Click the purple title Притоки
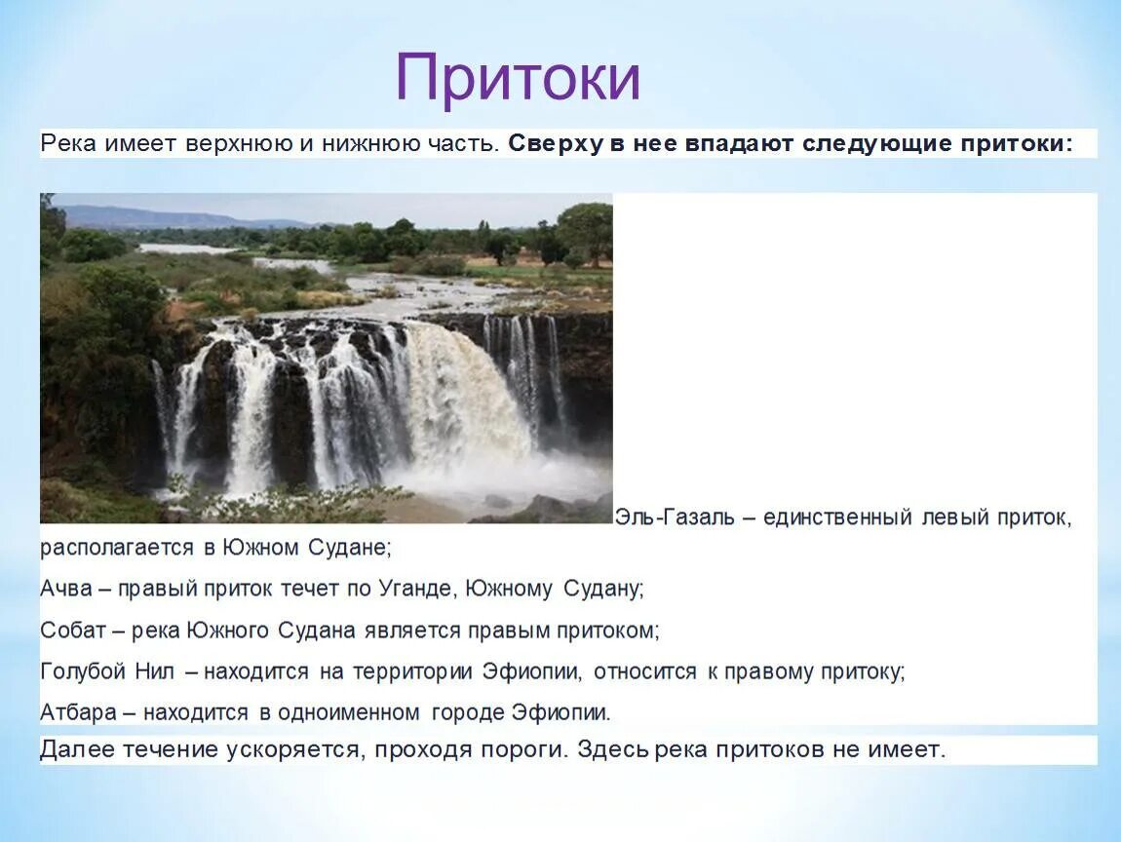click(518, 77)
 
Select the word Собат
click(72, 630)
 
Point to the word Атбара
click(78, 712)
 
